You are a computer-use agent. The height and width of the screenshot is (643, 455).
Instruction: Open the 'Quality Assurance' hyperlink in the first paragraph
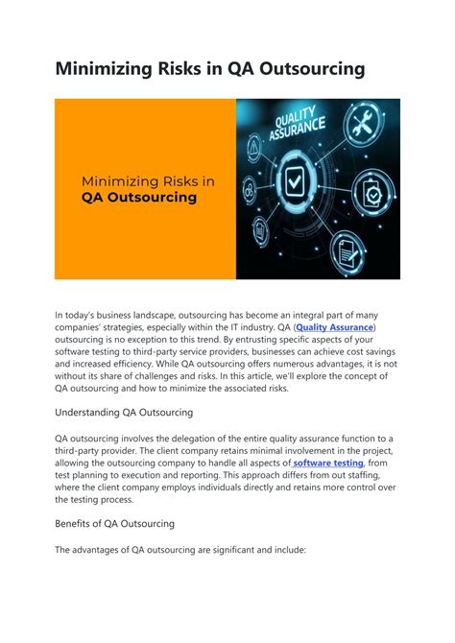point(336,328)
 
